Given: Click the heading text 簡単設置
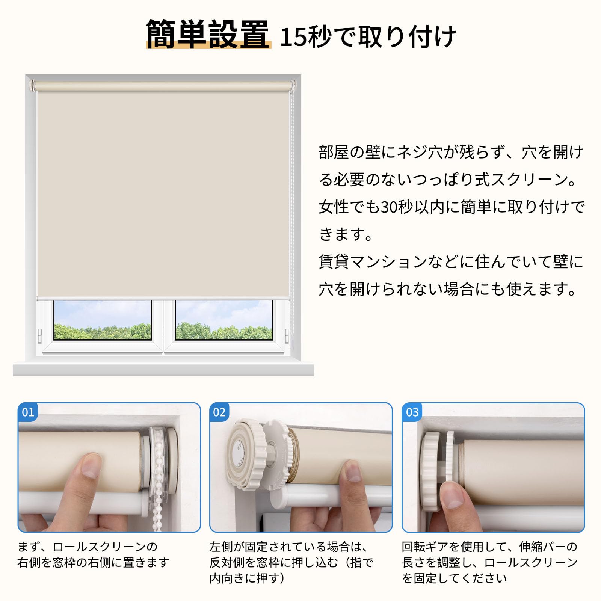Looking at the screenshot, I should (208, 34).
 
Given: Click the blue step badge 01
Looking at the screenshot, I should (28, 412).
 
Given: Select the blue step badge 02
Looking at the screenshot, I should (219, 412).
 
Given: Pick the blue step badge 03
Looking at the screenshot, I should (412, 412).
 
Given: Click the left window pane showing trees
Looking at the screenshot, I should (103, 320).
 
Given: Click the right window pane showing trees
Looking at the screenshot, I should (224, 320).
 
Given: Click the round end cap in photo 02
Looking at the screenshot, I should (240, 455).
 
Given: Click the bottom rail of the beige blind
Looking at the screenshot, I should (163, 298).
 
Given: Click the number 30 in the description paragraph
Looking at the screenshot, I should (388, 207).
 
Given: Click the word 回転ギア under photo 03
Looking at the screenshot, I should (425, 547).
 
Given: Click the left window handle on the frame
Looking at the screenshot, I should (40, 335).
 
